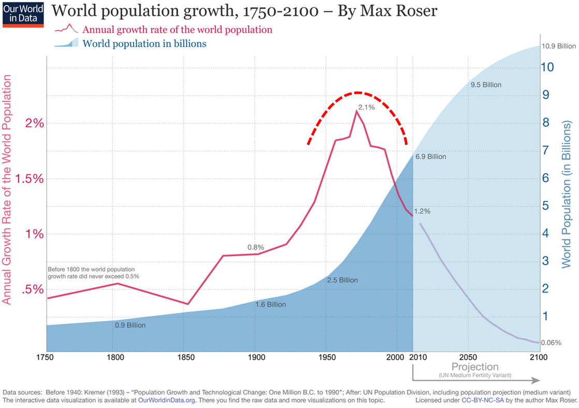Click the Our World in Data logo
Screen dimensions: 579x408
click(x=23, y=15)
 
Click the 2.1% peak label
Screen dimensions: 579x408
click(x=366, y=108)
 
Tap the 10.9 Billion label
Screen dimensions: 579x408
click(x=559, y=46)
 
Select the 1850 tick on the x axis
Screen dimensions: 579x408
click(x=186, y=357)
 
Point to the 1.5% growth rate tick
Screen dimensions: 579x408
click(x=29, y=179)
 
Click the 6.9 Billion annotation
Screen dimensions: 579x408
click(x=430, y=156)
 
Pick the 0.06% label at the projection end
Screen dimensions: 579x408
click(x=551, y=343)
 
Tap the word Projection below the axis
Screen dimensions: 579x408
click(x=475, y=367)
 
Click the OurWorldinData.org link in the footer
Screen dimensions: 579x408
click(x=167, y=400)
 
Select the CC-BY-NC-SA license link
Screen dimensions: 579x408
click(x=483, y=400)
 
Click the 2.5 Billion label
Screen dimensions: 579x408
click(x=342, y=280)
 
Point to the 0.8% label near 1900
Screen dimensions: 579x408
click(x=255, y=247)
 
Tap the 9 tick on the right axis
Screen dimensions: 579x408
click(x=546, y=95)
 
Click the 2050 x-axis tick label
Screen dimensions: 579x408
click(x=468, y=357)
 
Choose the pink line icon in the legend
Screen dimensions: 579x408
click(x=66, y=29)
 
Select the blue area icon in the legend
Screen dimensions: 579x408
click(x=66, y=43)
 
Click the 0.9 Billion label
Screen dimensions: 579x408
click(x=130, y=325)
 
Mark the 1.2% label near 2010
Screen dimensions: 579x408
click(x=422, y=211)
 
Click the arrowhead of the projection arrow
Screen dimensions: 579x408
click(x=535, y=381)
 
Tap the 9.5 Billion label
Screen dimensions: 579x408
click(x=486, y=85)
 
